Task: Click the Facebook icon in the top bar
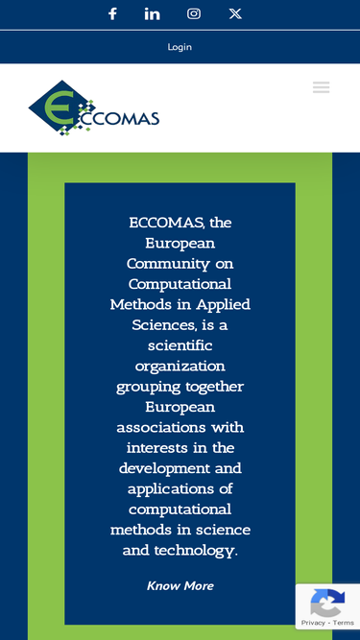coord(112,13)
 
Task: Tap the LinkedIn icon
coord(153,13)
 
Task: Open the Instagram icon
coord(194,13)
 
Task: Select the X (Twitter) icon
coord(235,13)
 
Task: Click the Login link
coord(180,47)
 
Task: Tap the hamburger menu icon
coord(321,87)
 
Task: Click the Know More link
coord(180,585)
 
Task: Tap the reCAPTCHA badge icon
coord(327,604)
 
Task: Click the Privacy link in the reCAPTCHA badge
coord(313,623)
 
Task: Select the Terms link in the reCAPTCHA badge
coord(344,623)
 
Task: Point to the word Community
coord(180,264)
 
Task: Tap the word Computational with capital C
coord(180,284)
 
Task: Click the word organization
coord(180,367)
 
